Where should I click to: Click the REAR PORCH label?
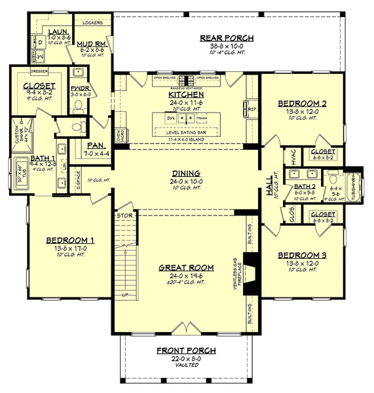[x=227, y=39]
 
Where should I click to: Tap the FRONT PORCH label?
[x=186, y=350]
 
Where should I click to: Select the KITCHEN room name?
[x=186, y=94]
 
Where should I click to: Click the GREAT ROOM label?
[x=186, y=267]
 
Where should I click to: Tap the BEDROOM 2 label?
[x=301, y=103]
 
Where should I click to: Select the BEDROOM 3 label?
[x=301, y=255]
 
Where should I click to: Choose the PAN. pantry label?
[x=92, y=146]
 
